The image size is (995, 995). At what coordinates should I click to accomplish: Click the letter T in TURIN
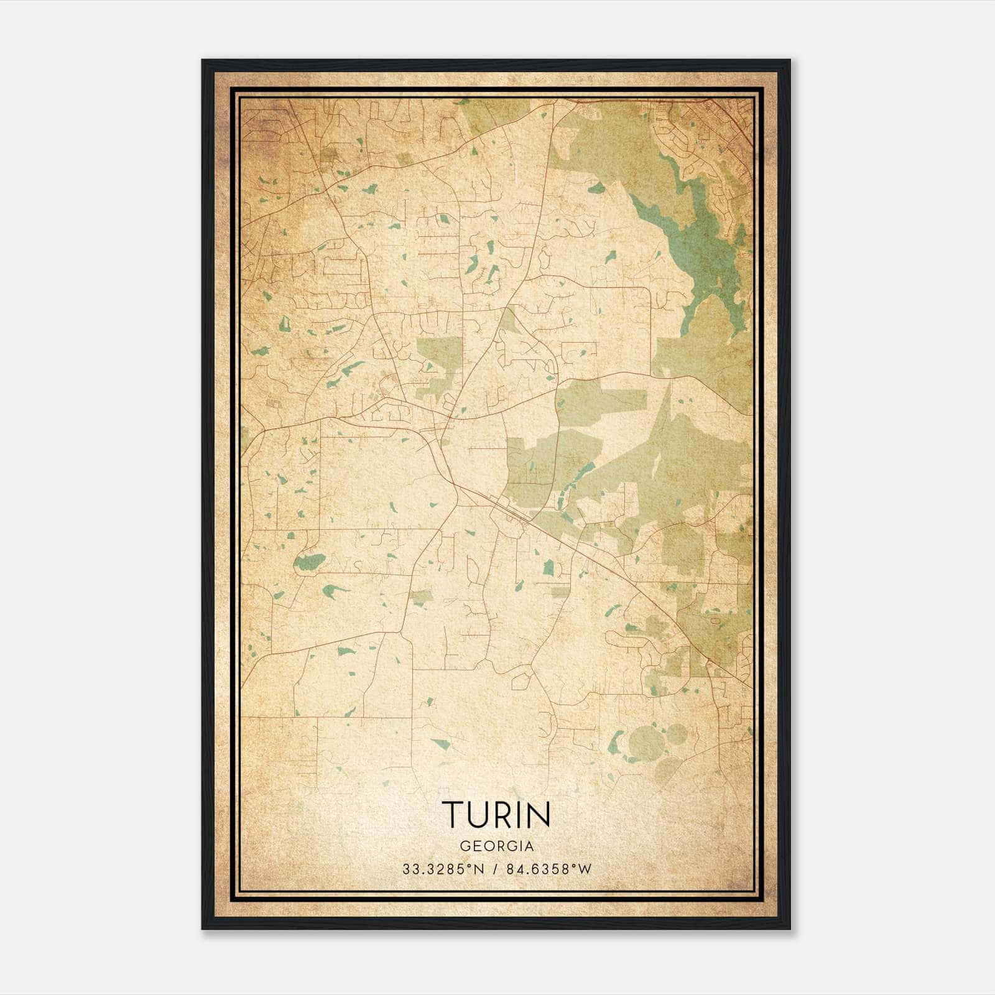[x=452, y=815]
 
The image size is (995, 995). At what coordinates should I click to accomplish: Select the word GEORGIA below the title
[x=497, y=846]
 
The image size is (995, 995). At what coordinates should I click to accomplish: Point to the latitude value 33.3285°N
[x=443, y=869]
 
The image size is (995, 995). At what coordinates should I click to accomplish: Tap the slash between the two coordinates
[x=494, y=869]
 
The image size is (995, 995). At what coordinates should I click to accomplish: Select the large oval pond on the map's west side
[x=308, y=562]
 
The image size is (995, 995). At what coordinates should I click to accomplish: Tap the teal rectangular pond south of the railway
[x=548, y=567]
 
